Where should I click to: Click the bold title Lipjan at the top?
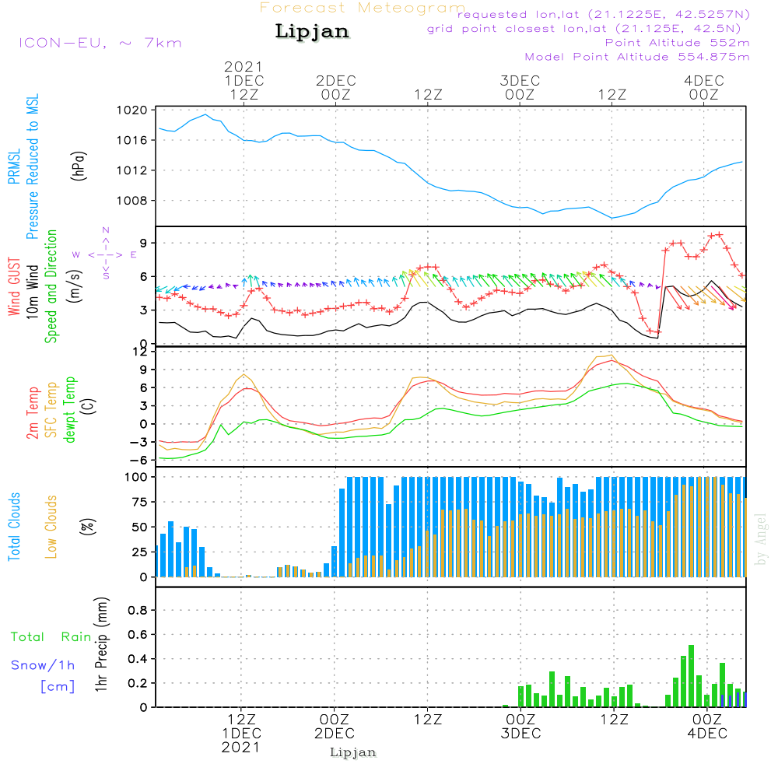click(x=311, y=32)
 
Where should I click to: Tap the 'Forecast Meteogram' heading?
click(x=363, y=8)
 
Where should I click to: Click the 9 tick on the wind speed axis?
click(x=143, y=244)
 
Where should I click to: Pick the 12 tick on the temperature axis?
click(x=140, y=352)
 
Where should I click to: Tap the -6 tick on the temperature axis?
click(x=140, y=460)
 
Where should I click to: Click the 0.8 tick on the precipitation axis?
click(x=138, y=611)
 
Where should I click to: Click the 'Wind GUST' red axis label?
click(x=14, y=287)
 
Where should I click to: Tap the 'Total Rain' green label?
click(x=51, y=637)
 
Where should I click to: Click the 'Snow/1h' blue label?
click(x=44, y=665)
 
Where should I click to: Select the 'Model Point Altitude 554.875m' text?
click(x=636, y=57)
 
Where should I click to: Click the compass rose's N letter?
click(x=106, y=230)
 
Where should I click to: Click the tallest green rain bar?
click(x=691, y=675)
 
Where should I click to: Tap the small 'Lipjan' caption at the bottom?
click(x=353, y=752)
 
